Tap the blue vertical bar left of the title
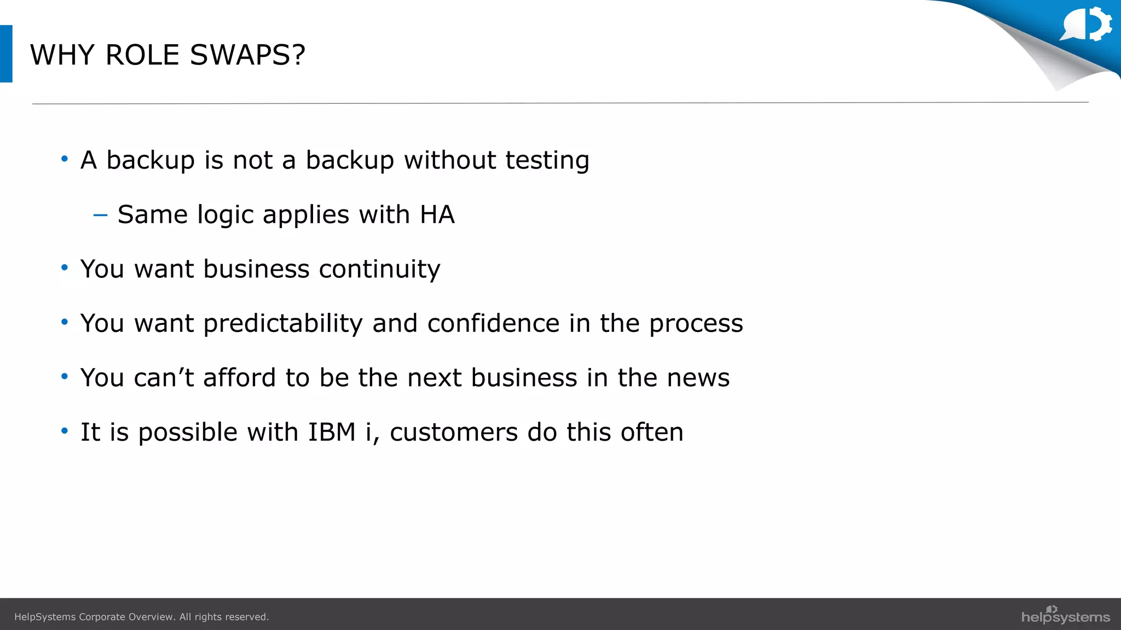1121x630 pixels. click(x=6, y=54)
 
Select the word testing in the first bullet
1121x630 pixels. click(x=547, y=161)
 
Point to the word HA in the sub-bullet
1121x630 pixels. click(x=437, y=214)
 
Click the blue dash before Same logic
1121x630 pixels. click(x=100, y=215)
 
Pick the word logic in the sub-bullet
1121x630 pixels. click(x=225, y=215)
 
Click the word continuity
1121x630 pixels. click(x=379, y=269)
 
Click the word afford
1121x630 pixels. click(x=239, y=378)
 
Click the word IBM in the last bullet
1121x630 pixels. click(x=332, y=432)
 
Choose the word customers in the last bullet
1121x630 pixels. click(x=454, y=433)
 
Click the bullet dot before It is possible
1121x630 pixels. click(x=65, y=431)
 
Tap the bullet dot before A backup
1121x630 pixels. click(x=65, y=159)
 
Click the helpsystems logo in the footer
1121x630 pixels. click(x=1065, y=615)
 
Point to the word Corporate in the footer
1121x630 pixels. click(x=102, y=617)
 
